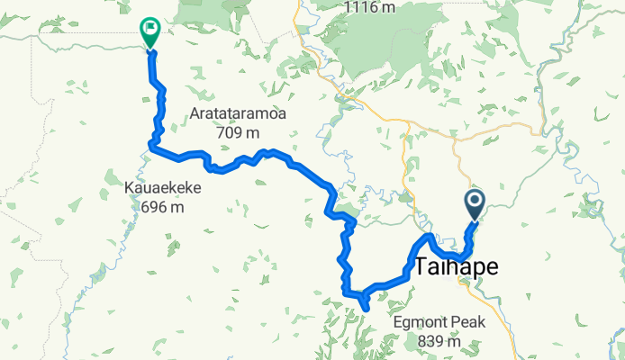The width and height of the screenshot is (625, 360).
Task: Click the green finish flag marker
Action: (x=149, y=33)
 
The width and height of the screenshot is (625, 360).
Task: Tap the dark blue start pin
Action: (x=475, y=204)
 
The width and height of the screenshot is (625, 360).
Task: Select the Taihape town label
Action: (x=457, y=266)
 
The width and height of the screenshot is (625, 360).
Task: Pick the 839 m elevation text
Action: (x=440, y=341)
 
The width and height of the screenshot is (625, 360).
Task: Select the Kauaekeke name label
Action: (x=162, y=190)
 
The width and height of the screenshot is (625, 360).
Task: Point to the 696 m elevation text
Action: (x=162, y=208)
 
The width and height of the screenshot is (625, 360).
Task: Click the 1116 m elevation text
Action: (x=369, y=7)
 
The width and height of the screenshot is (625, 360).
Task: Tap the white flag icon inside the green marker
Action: (x=150, y=30)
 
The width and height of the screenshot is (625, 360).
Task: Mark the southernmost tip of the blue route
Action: (x=366, y=309)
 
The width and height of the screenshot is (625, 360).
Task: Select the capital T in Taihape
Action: (x=425, y=266)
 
